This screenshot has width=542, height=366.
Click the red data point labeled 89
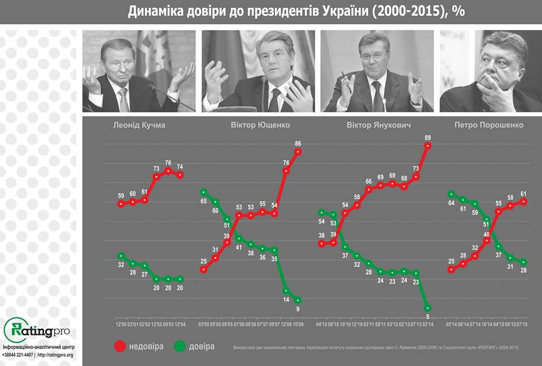[x=428, y=145]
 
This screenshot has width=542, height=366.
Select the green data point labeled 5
[x=428, y=308]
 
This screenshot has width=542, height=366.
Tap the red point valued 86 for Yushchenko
[x=298, y=151]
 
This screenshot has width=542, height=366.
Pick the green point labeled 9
[x=298, y=300]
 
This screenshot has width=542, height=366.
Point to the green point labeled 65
[x=203, y=192]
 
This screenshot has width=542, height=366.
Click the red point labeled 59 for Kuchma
[x=121, y=204]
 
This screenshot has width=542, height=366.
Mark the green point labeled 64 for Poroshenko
[x=451, y=194]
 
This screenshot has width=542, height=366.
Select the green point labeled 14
[x=286, y=291]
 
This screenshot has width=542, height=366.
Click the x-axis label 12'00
[x=121, y=324]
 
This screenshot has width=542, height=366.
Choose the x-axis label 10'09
[x=298, y=324]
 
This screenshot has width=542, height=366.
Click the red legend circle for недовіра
[x=120, y=346]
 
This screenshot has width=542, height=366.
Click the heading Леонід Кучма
[x=139, y=125]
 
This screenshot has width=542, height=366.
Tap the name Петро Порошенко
[x=489, y=125]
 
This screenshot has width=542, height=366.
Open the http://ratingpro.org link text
[x=55, y=355]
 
